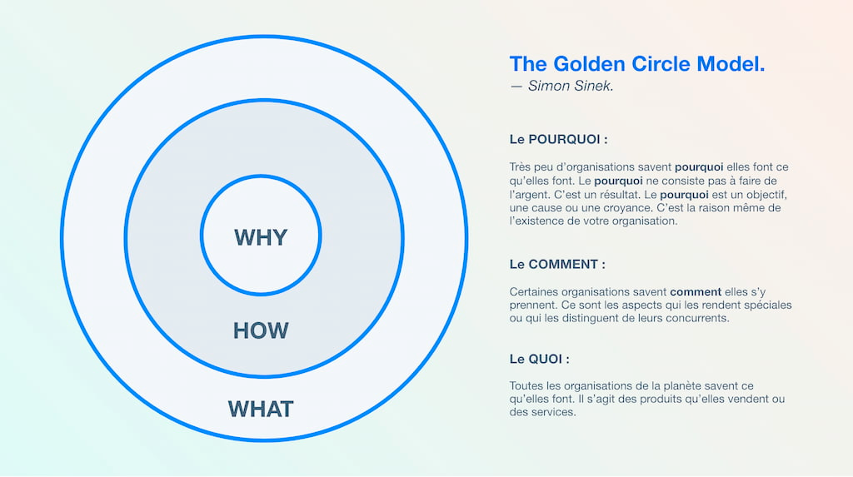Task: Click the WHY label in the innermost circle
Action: point(261,238)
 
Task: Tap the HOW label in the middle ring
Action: point(261,330)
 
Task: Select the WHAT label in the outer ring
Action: point(261,409)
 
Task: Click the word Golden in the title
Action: point(589,64)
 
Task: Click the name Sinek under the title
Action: point(592,86)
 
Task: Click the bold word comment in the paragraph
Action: point(696,292)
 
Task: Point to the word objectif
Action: point(767,195)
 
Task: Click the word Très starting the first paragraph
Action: point(520,167)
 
